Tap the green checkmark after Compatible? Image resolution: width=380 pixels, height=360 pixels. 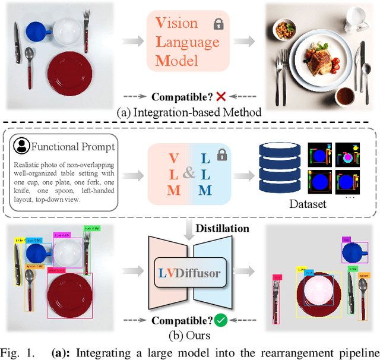[x=221, y=321]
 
